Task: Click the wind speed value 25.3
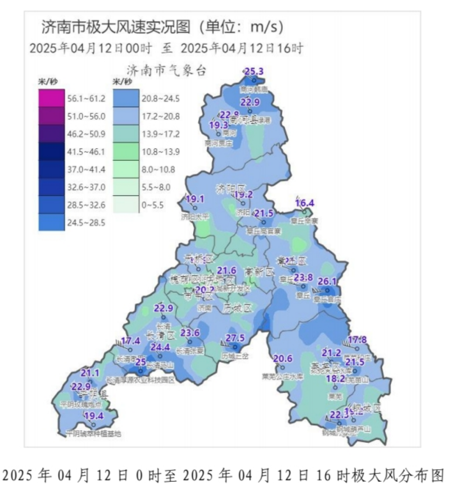point(254,72)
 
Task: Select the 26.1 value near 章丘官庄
point(327,281)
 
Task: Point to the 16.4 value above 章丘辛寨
point(304,203)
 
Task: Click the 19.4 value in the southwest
point(94,416)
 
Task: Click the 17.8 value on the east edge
point(357,340)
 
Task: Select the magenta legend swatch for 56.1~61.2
point(51,99)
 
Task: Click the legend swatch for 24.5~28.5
point(51,222)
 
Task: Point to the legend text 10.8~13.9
point(160,152)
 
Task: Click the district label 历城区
point(237,309)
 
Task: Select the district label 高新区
point(260,272)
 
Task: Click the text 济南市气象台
point(166,71)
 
